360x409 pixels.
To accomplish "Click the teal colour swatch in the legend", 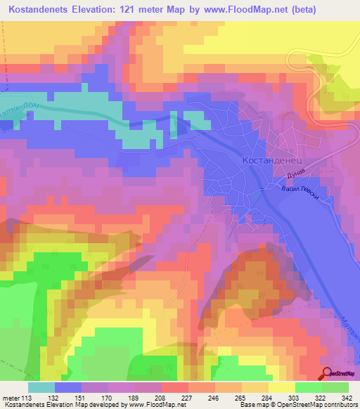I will pyautogui.click(x=41, y=387).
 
